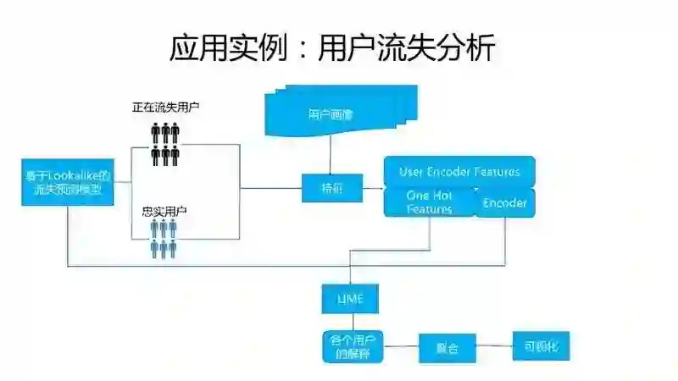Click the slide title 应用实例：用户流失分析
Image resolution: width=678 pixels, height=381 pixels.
331,48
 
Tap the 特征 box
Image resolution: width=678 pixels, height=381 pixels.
320,187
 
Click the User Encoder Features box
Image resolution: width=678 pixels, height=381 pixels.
459,172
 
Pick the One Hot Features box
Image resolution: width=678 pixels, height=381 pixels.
430,202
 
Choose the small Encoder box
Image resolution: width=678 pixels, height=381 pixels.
505,203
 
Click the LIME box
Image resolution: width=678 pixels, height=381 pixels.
349,299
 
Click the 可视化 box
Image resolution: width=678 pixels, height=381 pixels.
542,346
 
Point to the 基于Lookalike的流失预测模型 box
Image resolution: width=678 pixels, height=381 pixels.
66,182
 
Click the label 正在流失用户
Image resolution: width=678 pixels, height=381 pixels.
165,108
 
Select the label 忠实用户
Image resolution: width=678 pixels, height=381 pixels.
164,211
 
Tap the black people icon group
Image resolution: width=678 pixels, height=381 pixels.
165,144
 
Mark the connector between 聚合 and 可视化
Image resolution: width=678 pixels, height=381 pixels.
494,346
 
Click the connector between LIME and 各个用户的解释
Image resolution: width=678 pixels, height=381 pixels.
349,323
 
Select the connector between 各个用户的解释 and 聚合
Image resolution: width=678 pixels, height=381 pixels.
403,347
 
